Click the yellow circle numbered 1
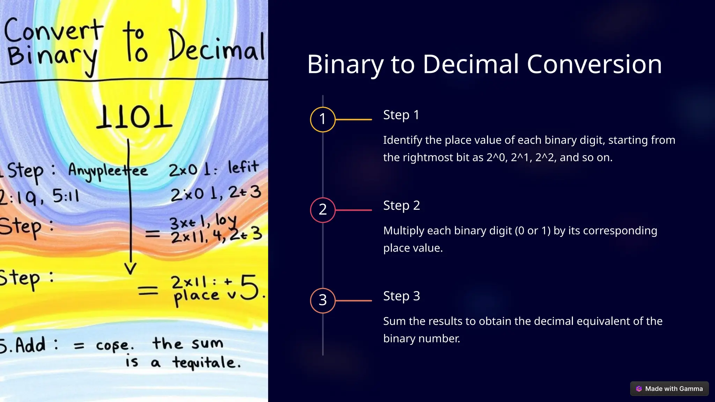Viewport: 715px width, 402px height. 323,119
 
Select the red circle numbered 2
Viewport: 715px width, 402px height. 323,210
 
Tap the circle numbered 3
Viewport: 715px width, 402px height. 323,300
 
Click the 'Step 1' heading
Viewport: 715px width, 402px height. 401,115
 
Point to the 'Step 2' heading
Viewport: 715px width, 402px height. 401,206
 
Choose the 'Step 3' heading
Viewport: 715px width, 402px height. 401,296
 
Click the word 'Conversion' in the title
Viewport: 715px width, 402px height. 594,64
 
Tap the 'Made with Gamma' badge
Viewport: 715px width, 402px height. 669,388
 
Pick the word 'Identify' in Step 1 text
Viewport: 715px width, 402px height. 403,140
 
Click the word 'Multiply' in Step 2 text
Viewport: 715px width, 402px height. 404,231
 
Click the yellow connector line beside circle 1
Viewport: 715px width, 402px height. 353,119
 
